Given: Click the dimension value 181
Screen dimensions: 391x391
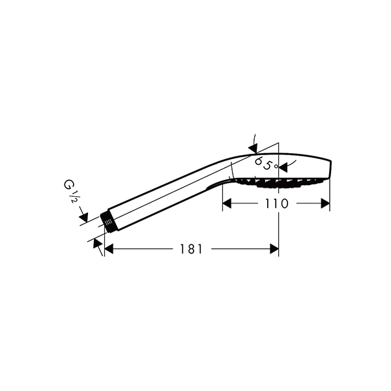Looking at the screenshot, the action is pos(191,249).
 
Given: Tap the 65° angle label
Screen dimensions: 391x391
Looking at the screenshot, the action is pos(266,164).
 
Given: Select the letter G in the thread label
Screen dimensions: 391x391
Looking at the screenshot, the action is pos(68,185).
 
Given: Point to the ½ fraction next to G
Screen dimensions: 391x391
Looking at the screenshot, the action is pos(73,196).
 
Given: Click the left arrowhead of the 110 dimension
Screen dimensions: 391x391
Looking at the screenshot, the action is pos(227,203).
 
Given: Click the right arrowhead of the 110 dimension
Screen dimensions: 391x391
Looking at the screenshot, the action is pos(325,203).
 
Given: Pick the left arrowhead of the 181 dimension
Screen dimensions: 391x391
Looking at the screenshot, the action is pos(109,249).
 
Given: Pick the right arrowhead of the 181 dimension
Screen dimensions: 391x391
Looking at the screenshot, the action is pos(274,249).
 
